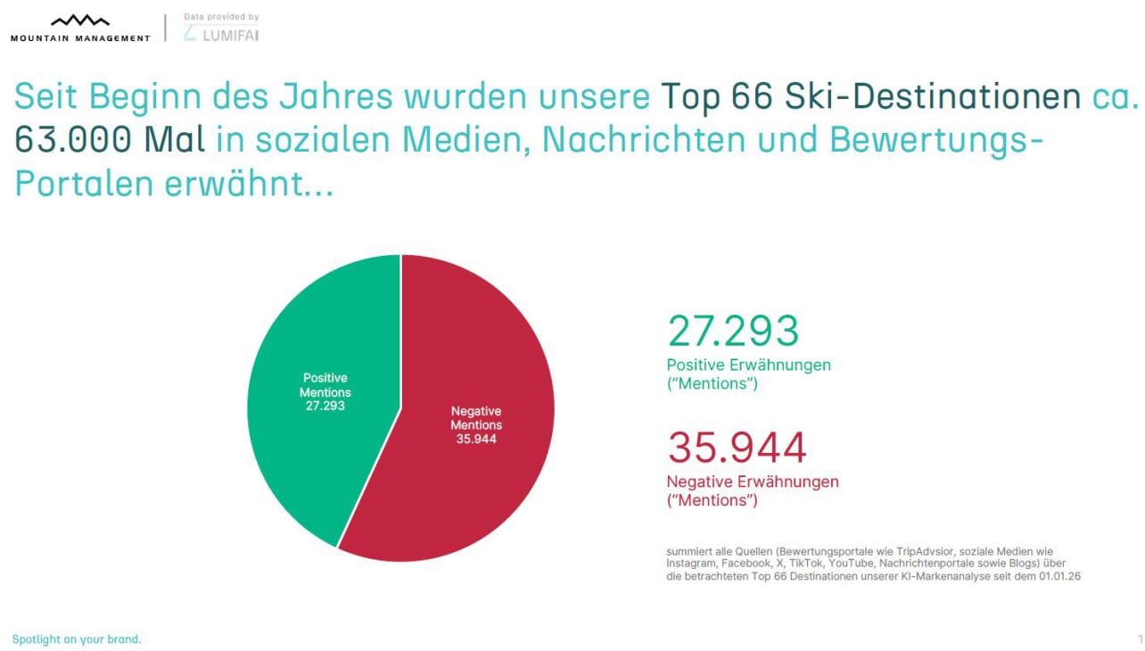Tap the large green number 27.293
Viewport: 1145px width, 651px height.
pyautogui.click(x=733, y=331)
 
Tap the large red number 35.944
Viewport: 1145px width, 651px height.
pyautogui.click(x=737, y=448)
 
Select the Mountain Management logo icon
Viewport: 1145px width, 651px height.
pyautogui.click(x=80, y=21)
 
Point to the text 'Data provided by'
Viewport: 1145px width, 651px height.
pyautogui.click(x=221, y=17)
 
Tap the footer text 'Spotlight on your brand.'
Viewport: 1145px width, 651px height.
pyautogui.click(x=77, y=639)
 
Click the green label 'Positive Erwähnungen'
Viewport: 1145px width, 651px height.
pyautogui.click(x=749, y=365)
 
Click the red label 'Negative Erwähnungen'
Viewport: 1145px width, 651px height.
pyautogui.click(x=753, y=482)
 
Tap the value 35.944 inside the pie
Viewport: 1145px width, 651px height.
pyautogui.click(x=476, y=439)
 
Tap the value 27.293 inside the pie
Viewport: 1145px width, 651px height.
pyautogui.click(x=325, y=406)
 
